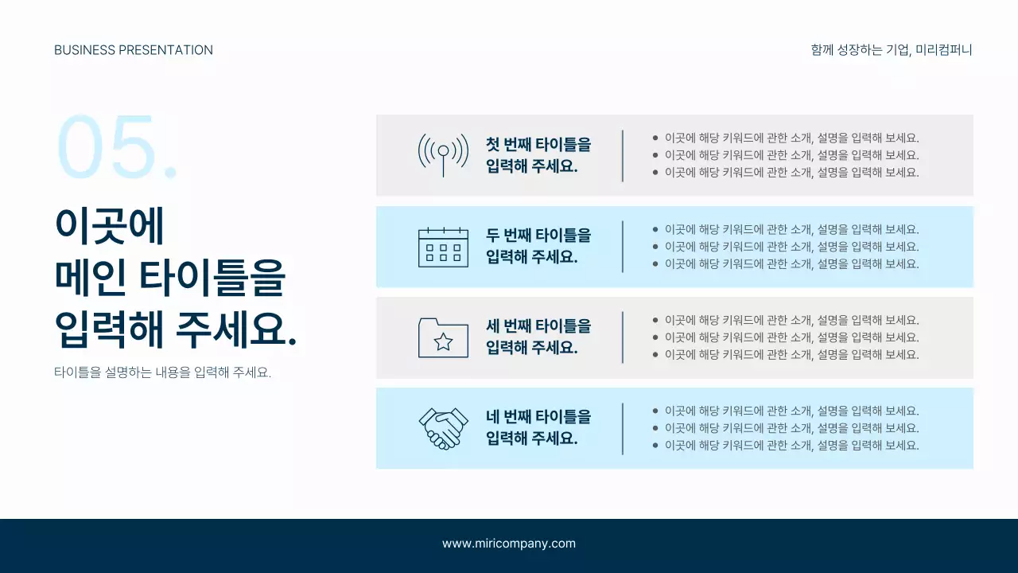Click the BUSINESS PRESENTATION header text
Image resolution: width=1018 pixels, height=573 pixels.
[x=134, y=50]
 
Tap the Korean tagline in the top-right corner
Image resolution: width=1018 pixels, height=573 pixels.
[x=892, y=50]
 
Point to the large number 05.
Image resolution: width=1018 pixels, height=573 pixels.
[x=116, y=147]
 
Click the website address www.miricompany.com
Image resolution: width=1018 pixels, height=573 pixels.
[x=509, y=544]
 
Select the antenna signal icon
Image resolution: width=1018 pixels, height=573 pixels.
[x=443, y=154]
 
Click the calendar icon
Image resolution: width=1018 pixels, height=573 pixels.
[x=443, y=247]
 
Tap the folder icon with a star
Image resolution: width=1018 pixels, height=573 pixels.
[x=443, y=337]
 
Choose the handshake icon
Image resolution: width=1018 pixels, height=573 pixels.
[x=443, y=428]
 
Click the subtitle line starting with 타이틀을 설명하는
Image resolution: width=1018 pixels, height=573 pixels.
[x=163, y=372]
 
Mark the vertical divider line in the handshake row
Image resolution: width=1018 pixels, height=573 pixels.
[x=623, y=428]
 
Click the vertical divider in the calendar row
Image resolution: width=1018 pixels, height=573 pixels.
[x=623, y=247]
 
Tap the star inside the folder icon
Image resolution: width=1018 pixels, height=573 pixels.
[x=443, y=342]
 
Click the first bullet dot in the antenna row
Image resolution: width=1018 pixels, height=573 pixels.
[x=655, y=138]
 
